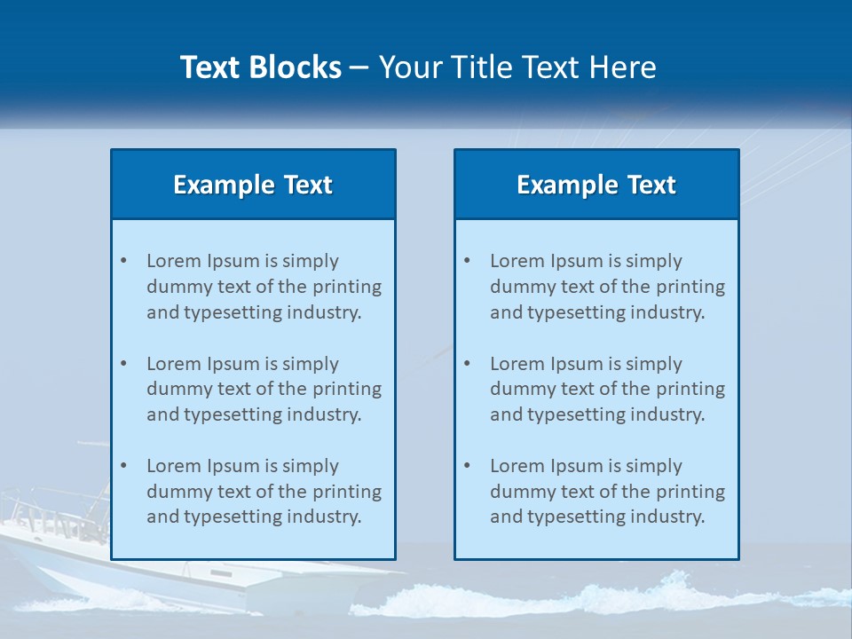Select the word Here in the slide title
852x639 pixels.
tap(623, 67)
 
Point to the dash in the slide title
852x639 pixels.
tap(359, 68)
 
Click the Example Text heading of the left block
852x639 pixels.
tap(253, 185)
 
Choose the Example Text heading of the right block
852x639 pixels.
tap(596, 185)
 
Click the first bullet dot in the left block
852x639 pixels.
tap(123, 261)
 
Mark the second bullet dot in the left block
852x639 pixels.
tap(123, 364)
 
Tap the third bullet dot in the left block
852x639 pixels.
tap(123, 466)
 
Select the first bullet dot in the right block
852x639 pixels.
tap(467, 261)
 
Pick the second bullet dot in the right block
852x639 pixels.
tap(467, 364)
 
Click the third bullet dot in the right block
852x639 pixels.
tap(467, 466)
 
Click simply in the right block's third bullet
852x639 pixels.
tap(654, 466)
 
